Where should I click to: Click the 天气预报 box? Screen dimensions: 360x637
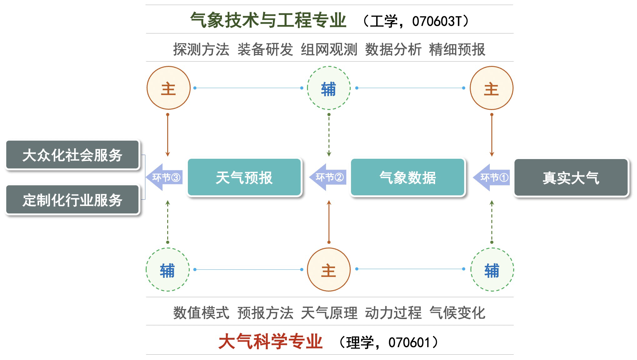pos(244,177)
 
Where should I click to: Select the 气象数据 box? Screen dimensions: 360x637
pos(408,177)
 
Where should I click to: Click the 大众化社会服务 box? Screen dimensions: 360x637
pos(72,155)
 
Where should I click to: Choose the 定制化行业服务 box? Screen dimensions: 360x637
pos(72,200)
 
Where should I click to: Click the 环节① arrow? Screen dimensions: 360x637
pos(492,177)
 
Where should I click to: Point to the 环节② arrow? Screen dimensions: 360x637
pos(328,177)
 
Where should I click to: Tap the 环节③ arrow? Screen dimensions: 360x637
pos(165,177)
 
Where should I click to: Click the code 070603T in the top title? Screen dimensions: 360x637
pos(437,21)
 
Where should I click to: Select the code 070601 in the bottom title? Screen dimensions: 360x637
pos(409,342)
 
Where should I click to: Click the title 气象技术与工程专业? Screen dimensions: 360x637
pos(268,20)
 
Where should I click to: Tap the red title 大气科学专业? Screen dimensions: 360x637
pos(270,341)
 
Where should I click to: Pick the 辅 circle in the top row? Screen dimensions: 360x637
pos(329,88)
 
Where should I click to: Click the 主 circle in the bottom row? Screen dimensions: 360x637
pos(329,270)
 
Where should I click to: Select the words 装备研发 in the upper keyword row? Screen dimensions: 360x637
pos(265,49)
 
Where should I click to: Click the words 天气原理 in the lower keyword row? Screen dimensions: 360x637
pos(329,313)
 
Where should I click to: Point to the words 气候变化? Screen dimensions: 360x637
pos(457,313)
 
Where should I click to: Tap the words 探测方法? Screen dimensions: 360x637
pos(201,49)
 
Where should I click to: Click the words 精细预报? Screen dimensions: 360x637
pos(457,49)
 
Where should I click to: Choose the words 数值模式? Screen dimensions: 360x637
pos(201,313)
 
